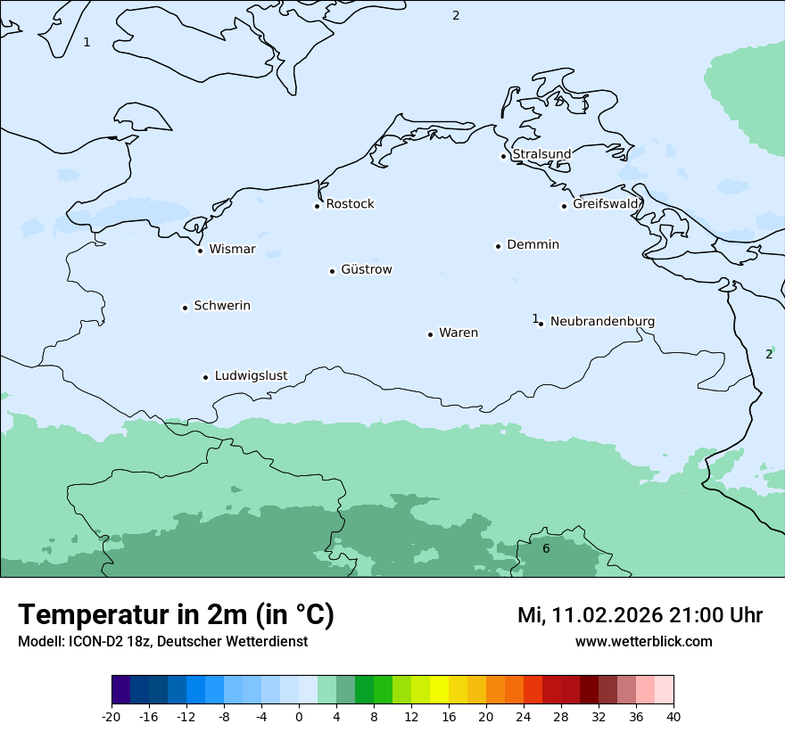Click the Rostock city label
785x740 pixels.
[x=350, y=204]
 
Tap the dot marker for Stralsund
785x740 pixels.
[x=503, y=156]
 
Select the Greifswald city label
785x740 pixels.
[x=606, y=204]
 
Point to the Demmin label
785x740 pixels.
[x=533, y=244]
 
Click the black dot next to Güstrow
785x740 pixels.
[x=332, y=271]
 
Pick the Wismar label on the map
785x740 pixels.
[x=232, y=249]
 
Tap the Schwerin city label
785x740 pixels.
[x=222, y=306]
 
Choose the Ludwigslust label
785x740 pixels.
[x=251, y=375]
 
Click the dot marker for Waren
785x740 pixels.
[x=430, y=334]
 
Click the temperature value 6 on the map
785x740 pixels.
[x=546, y=548]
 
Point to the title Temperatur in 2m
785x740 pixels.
[x=176, y=614]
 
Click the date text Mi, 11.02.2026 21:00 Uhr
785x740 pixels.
[x=640, y=615]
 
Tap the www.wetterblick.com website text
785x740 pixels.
[x=643, y=641]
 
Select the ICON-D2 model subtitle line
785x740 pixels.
[x=162, y=642]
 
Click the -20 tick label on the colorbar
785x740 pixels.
[x=112, y=716]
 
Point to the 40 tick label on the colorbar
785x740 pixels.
[x=673, y=716]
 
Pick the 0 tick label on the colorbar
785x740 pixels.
[x=299, y=716]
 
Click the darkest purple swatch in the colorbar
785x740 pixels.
[x=120, y=690]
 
